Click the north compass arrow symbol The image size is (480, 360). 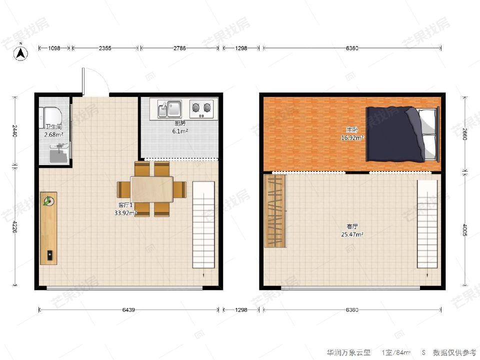click(20, 52)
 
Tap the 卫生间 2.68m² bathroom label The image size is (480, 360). click(53, 130)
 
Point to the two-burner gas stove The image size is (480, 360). click(201, 107)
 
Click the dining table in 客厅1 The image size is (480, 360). click(152, 189)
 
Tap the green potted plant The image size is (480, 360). click(48, 201)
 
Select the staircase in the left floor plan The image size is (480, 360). click(203, 224)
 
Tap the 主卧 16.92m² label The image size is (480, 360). click(352, 134)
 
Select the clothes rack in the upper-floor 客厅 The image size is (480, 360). click(274, 210)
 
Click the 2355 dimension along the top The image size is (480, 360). click(105, 48)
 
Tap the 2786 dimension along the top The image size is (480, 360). click(179, 48)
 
